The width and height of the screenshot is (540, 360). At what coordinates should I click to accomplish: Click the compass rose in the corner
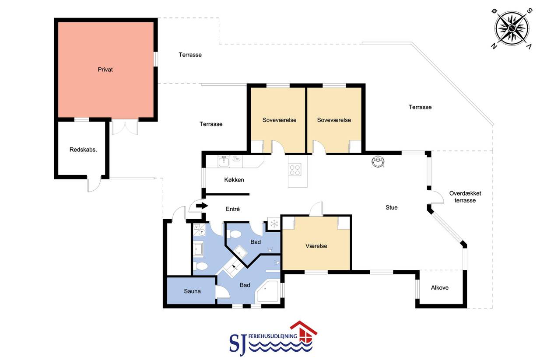(x=512, y=28)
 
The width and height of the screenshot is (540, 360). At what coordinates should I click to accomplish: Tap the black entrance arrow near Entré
(x=202, y=206)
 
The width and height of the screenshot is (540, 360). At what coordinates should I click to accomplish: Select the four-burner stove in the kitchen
(x=295, y=170)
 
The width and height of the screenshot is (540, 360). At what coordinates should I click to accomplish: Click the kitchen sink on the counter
(x=224, y=161)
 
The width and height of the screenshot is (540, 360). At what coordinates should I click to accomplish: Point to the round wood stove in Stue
(x=378, y=161)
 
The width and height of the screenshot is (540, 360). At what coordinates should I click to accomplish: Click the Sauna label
(x=192, y=291)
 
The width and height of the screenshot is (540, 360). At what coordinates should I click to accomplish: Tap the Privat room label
(x=105, y=70)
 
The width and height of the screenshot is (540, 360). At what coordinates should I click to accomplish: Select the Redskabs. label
(x=83, y=150)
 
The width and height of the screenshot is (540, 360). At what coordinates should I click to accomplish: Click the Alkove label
(x=440, y=287)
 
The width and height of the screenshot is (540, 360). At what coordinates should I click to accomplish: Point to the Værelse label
(x=316, y=246)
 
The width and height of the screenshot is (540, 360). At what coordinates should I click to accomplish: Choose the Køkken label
(x=234, y=180)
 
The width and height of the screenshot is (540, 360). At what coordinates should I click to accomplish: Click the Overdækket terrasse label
(x=465, y=197)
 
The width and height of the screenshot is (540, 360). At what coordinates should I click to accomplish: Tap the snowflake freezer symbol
(x=274, y=224)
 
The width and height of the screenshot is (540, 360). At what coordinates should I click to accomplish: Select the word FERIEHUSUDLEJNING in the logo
(x=273, y=336)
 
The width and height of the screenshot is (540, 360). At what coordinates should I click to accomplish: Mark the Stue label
(x=392, y=207)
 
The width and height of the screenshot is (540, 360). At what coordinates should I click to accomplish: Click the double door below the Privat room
(x=125, y=127)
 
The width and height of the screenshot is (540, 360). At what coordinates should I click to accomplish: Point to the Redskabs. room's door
(x=94, y=184)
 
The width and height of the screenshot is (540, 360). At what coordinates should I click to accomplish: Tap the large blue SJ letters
(x=238, y=345)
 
